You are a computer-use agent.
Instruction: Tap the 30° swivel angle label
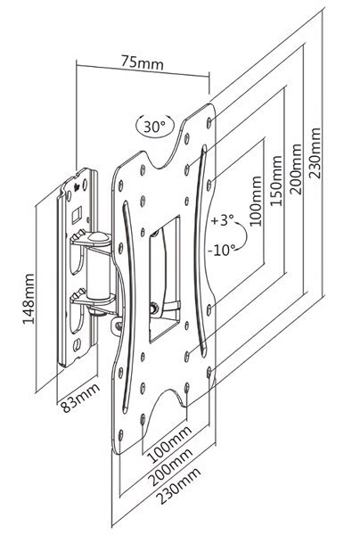154,127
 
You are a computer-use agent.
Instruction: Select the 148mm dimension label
29,299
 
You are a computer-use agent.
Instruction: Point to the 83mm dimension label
80,399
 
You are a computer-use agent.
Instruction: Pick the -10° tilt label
222,250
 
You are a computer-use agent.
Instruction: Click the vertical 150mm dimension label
276,180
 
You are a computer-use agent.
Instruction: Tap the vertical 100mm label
256,201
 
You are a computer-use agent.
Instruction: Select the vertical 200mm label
296,169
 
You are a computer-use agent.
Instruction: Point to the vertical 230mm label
315,153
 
